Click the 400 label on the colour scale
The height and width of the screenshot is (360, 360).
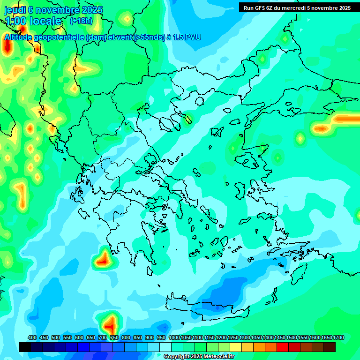pos(32,337)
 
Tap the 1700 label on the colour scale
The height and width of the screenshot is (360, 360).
pos(338,337)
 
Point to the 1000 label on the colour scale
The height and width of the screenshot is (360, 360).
pos(174,337)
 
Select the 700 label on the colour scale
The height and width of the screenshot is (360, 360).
pos(103,337)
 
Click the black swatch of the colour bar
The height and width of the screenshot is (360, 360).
pos(25,347)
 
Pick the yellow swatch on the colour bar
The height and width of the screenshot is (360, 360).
pos(236,347)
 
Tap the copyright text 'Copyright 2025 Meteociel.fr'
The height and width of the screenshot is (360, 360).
pos(199,357)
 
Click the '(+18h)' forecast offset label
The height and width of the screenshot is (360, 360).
pos(81,21)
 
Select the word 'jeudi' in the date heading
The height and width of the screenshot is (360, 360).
pos(15,9)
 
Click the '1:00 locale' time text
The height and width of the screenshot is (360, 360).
pos(33,21)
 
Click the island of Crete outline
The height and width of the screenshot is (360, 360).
pos(206,307)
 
